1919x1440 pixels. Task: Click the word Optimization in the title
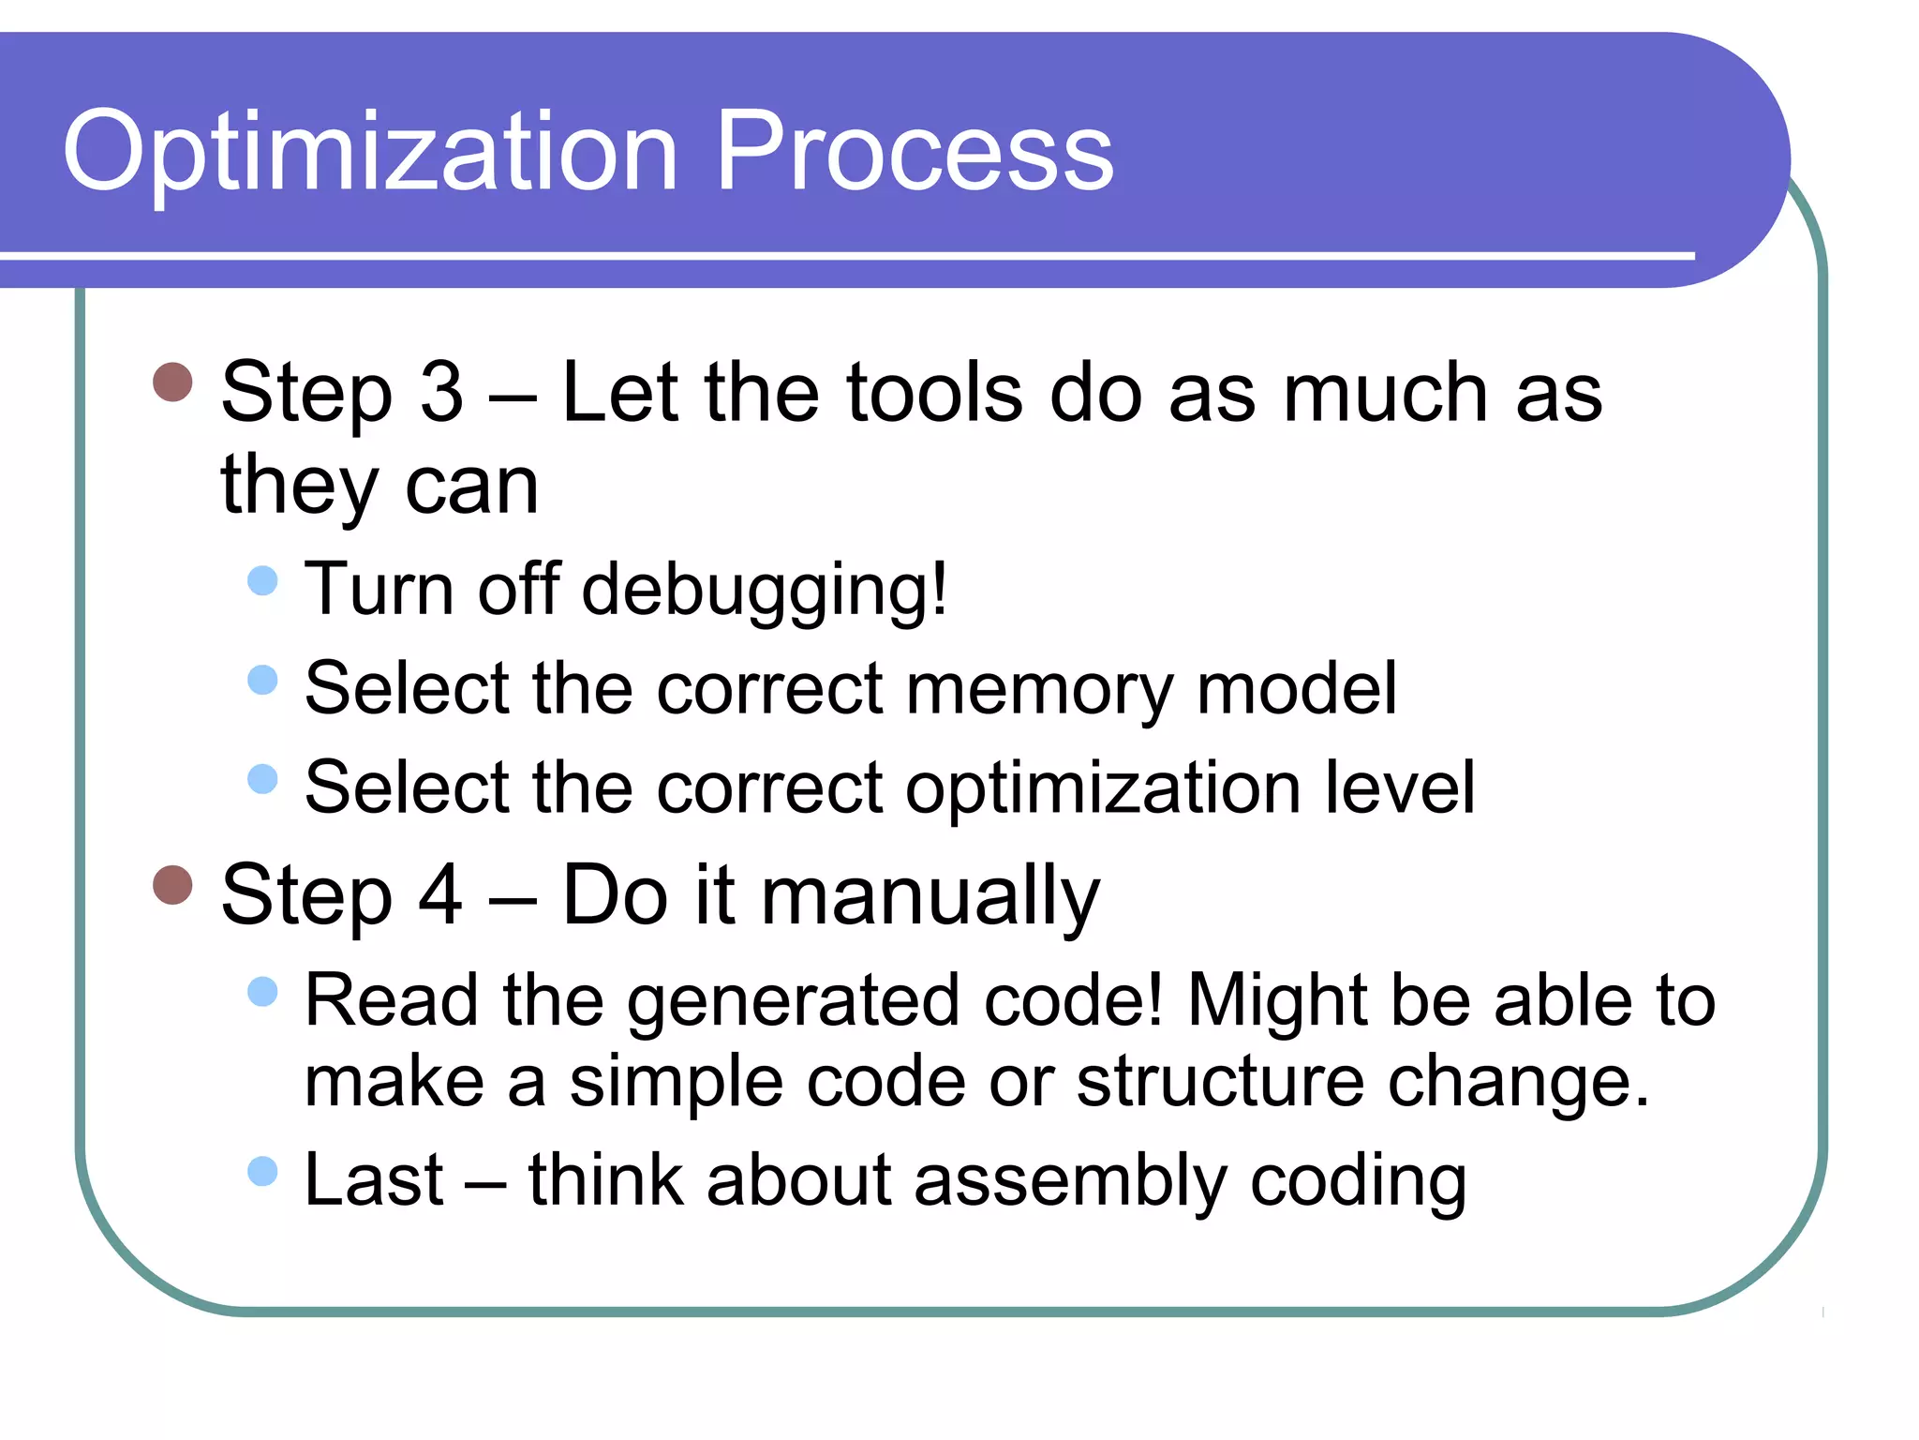pos(370,152)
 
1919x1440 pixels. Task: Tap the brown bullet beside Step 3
pos(172,382)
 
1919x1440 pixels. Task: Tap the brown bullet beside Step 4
pos(172,884)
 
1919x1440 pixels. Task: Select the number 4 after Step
pos(440,895)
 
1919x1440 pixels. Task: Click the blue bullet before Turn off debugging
pos(263,580)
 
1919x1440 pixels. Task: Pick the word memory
pos(1039,690)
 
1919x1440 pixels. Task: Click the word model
pos(1297,688)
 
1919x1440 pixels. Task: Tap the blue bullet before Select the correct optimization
pos(263,778)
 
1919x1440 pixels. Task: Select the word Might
pos(1278,1001)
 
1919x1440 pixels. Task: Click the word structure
pos(1220,1082)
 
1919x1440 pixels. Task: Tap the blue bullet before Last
pos(263,1171)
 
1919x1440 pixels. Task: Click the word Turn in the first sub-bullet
pos(380,590)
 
